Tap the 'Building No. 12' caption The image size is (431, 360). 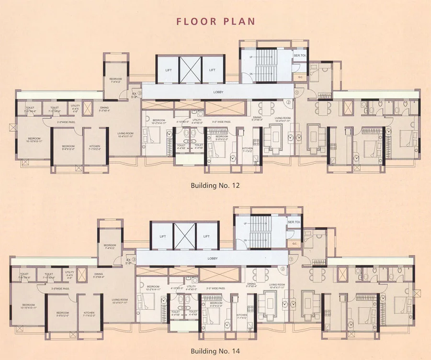pos(215,185)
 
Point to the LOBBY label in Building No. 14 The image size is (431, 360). pos(213,259)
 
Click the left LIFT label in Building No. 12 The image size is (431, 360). pos(167,70)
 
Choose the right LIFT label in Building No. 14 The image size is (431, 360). pos(206,236)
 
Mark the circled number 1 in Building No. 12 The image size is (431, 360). pos(296,92)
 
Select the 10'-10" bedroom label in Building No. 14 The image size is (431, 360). pos(29,306)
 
